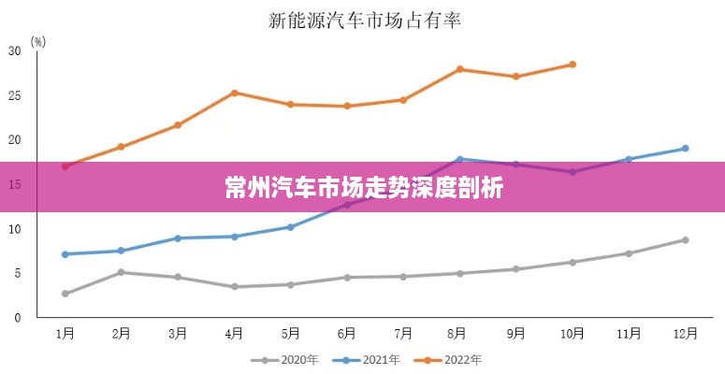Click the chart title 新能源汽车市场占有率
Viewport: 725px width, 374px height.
365,18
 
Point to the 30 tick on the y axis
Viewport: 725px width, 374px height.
14,50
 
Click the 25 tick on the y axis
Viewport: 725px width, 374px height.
14,95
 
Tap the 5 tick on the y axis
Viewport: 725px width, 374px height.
16,273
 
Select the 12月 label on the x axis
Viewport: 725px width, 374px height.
685,333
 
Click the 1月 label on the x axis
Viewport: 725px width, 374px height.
65,333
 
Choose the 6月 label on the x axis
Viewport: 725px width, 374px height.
347,333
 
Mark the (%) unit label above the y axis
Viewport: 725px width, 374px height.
37,41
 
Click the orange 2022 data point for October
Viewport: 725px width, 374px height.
573,65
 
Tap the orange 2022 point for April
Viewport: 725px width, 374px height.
234,93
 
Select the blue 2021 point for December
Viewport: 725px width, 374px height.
685,149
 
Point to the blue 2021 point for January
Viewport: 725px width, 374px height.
65,254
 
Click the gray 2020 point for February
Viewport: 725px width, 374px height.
121,272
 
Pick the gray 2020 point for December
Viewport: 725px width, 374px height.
685,240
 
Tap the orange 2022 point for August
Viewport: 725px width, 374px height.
459,69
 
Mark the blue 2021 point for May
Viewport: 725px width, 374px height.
290,227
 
